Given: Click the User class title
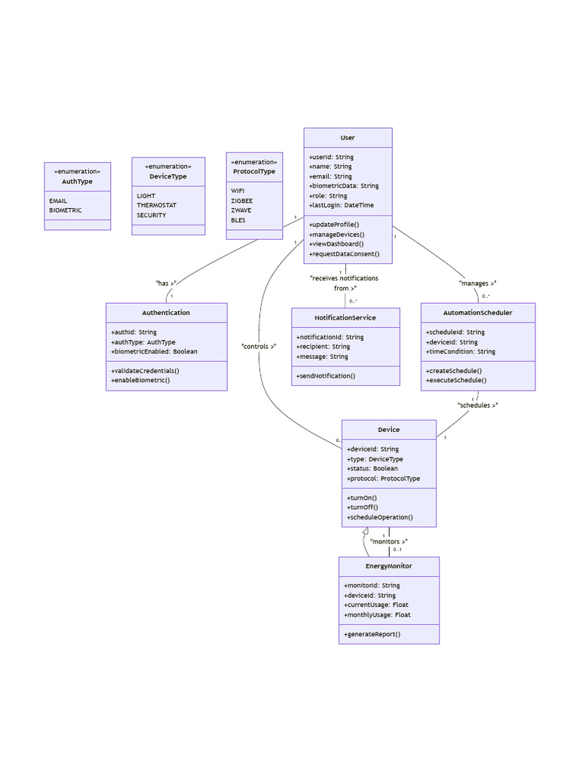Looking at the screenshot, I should coord(348,138).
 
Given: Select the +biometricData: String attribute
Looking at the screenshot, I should coord(344,185).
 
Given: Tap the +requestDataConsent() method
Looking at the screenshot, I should coord(344,254).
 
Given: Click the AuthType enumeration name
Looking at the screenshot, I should coord(77,182).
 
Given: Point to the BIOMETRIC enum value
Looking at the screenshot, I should coord(66,210).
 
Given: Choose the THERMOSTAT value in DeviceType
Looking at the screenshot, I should coord(158,205).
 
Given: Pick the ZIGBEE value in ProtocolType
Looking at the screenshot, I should coord(242,201).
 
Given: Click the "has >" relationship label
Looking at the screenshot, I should coord(166,283).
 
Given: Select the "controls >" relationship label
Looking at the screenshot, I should coord(259,347).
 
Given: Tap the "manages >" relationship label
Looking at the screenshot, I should coord(478,283).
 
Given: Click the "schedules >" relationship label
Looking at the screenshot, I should coord(478,405).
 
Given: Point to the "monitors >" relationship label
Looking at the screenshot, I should coord(389,541).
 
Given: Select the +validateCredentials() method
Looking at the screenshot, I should coord(145,371).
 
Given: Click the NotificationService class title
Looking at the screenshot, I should coord(345,317).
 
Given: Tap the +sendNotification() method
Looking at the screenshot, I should coord(326,375).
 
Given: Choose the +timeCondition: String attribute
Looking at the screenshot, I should coord(461,351).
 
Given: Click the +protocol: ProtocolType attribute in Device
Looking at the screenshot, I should coord(383,478).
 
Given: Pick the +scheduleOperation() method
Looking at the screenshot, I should coord(380,517).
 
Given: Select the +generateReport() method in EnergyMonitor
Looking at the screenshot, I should coord(372,634).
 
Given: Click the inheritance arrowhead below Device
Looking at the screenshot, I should coord(366,532).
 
